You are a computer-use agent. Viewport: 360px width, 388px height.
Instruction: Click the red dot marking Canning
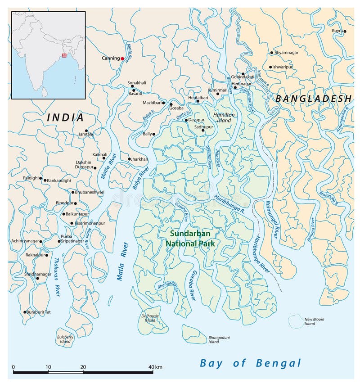pyautogui.click(x=122, y=59)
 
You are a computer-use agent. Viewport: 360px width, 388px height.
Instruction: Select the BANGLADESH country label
pyautogui.click(x=313, y=99)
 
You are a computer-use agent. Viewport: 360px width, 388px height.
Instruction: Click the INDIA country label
pyautogui.click(x=66, y=118)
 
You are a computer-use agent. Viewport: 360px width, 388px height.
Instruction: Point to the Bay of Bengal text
pyautogui.click(x=251, y=363)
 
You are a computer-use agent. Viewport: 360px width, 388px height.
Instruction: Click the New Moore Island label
pyautogui.click(x=314, y=321)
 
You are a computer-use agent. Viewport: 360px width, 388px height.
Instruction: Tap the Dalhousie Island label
pyautogui.click(x=150, y=318)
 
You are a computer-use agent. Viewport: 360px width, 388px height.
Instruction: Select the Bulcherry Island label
pyautogui.click(x=65, y=339)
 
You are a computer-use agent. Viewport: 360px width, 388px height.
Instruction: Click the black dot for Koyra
pyautogui.click(x=345, y=32)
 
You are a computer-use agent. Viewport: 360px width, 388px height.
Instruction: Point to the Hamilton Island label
pyautogui.click(x=224, y=117)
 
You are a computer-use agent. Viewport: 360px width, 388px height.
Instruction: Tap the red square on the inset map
pyautogui.click(x=64, y=55)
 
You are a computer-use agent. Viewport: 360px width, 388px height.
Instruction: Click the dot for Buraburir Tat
pyautogui.click(x=24, y=311)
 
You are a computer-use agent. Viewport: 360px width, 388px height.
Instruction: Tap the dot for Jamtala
pyautogui.click(x=86, y=131)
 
